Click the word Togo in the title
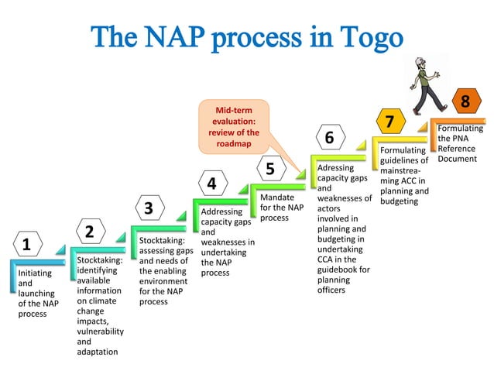pos(365,37)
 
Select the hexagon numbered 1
pos(27,246)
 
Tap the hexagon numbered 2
pos(89,232)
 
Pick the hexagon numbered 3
pos(149,208)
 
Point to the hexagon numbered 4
pos(211,184)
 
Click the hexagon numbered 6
pos(329,138)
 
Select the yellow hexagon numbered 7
pos(389,122)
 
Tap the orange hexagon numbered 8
pos(465,101)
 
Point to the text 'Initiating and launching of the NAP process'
pos(37,294)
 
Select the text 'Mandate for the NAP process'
pos(282,208)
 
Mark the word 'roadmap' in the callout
pos(233,143)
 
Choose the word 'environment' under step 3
pos(163,281)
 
